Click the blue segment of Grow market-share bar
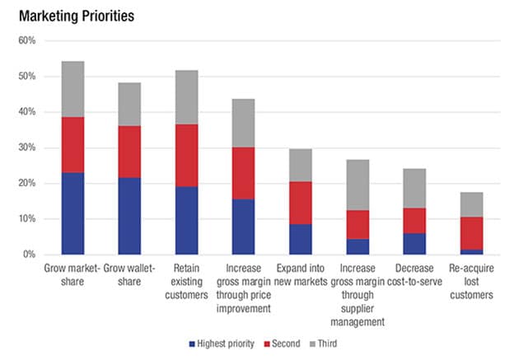[72, 213]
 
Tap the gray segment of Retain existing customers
[186, 97]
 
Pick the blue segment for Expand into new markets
[301, 239]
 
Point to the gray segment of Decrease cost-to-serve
[414, 189]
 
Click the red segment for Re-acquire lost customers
[471, 233]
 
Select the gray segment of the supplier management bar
[357, 185]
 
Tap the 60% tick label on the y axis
[26, 40]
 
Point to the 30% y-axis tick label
[26, 147]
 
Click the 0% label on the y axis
[29, 255]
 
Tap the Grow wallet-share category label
[129, 274]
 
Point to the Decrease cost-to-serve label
[414, 274]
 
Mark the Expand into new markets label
[301, 274]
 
